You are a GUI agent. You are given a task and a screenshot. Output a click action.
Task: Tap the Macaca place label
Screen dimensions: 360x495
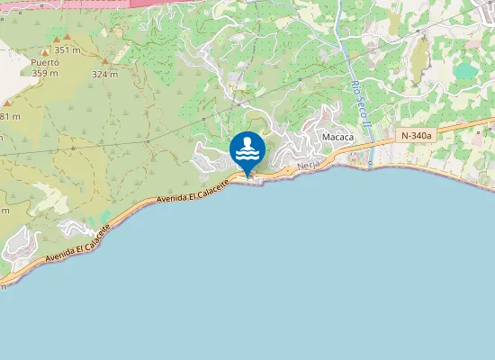pyautogui.click(x=336, y=137)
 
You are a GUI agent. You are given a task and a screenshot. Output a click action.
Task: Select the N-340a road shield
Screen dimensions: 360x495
pyautogui.click(x=415, y=135)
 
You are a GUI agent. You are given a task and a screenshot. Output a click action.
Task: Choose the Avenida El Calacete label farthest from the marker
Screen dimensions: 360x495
pyautogui.click(x=78, y=247)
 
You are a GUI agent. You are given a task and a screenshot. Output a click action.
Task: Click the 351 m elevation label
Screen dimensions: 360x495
pyautogui.click(x=67, y=50)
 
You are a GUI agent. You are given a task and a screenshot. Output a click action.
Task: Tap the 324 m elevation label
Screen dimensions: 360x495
pyautogui.click(x=104, y=75)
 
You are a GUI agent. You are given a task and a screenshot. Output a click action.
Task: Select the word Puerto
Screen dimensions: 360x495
pyautogui.click(x=44, y=62)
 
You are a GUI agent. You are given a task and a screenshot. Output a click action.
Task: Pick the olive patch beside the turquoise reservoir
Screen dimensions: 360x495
pyautogui.click(x=420, y=58)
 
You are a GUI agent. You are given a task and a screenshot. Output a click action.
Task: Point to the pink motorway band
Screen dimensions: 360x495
pyautogui.click(x=180, y=4)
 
